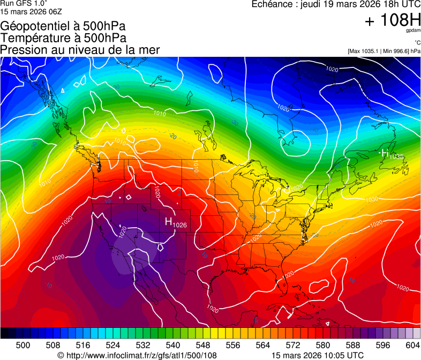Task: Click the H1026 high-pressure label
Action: click(x=175, y=222)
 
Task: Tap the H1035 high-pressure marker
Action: click(x=391, y=154)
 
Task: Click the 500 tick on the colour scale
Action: click(x=23, y=345)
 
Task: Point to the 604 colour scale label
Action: click(x=413, y=345)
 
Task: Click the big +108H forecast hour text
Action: click(x=393, y=21)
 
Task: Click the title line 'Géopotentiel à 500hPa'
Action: click(x=63, y=26)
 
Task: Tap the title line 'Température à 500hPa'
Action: click(x=63, y=38)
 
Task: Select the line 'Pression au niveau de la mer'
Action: click(x=80, y=50)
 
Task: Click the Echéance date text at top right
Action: click(x=336, y=4)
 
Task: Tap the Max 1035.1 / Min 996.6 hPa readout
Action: click(x=384, y=51)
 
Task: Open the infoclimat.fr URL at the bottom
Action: click(x=137, y=355)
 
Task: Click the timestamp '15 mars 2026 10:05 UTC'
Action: click(x=318, y=355)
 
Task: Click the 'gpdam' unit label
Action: click(x=412, y=31)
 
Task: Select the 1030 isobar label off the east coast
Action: click(x=372, y=199)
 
